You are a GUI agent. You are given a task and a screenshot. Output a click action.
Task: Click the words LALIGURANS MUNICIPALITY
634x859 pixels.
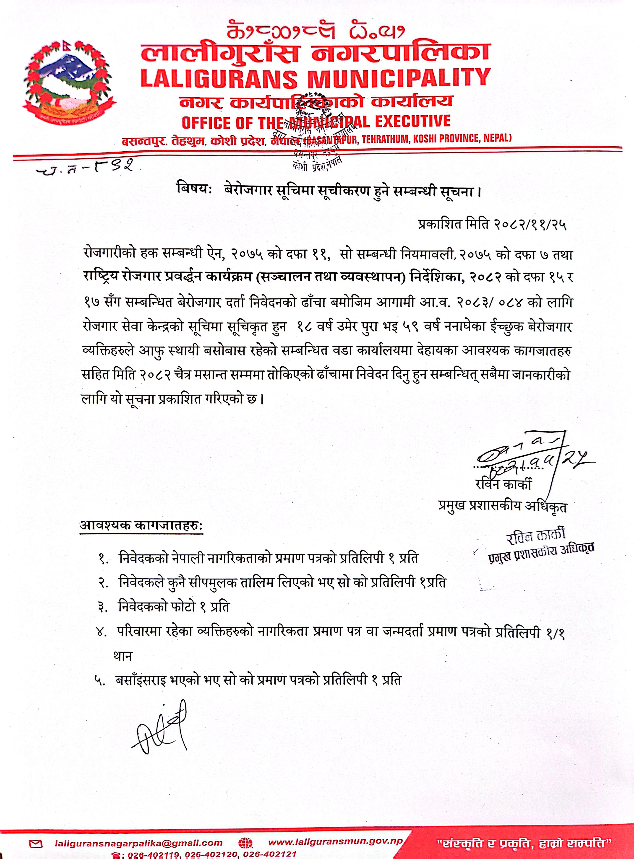[x=316, y=78]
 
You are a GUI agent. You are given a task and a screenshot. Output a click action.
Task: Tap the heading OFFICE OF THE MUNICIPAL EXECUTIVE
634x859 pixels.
[x=316, y=122]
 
